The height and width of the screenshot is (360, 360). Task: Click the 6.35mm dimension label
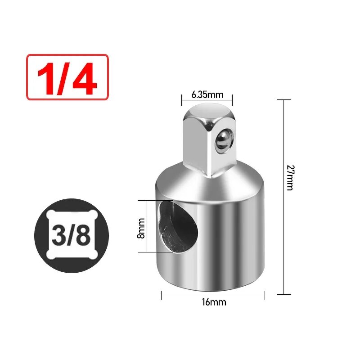(207, 94)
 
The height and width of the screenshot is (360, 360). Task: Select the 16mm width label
(214, 302)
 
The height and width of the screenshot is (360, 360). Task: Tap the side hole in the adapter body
(178, 228)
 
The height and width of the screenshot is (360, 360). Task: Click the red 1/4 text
(67, 78)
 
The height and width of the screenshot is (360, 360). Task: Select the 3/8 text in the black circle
(71, 236)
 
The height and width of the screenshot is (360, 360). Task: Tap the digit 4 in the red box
(85, 78)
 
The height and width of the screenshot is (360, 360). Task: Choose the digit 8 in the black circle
(83, 236)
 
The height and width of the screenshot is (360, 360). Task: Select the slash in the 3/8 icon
(71, 236)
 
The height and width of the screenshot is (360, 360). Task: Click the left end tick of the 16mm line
(162, 295)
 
